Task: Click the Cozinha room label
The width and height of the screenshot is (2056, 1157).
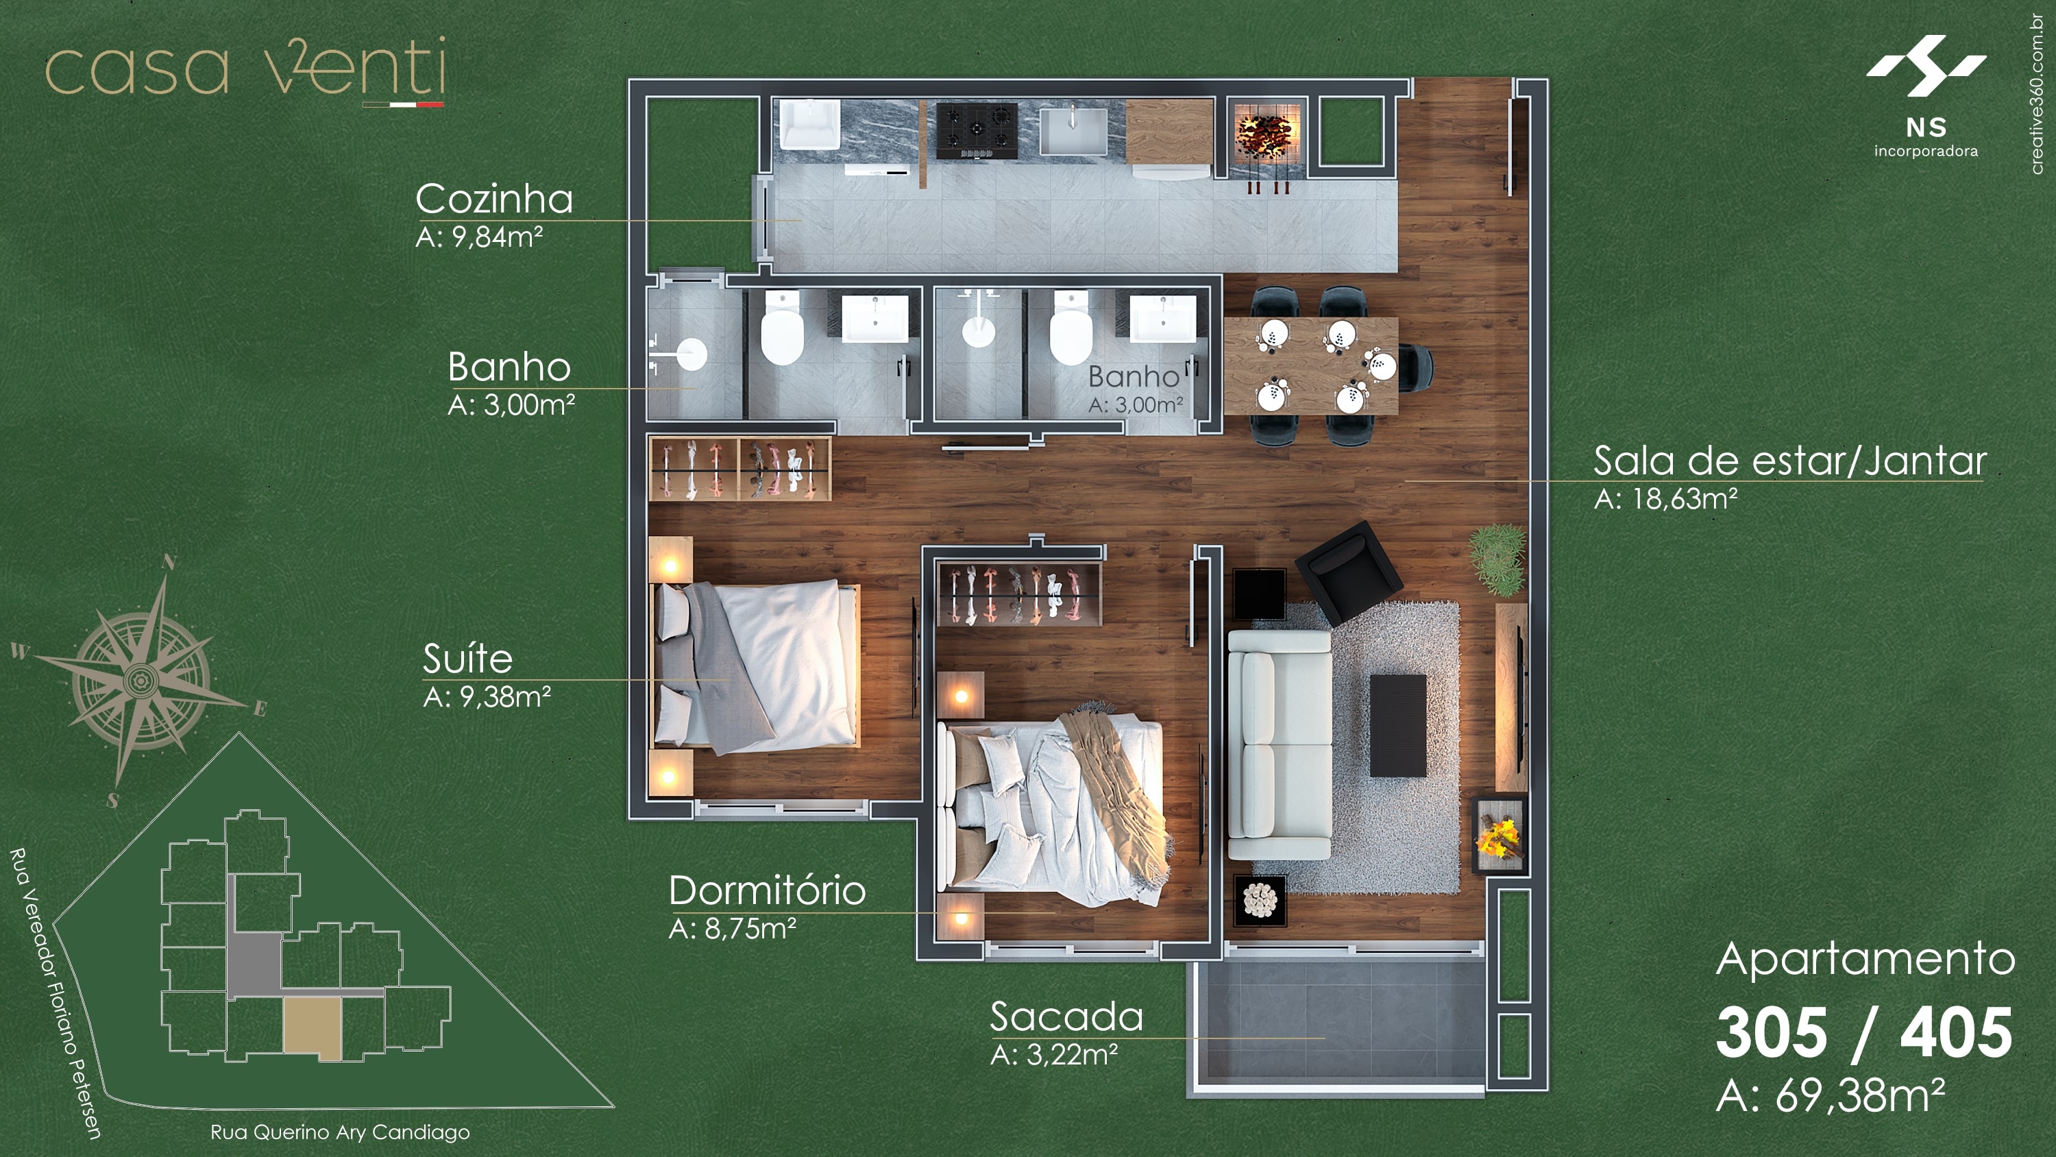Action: coord(494,199)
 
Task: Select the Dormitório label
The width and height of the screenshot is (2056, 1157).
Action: coord(766,890)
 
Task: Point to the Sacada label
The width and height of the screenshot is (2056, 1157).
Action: coord(1066,1017)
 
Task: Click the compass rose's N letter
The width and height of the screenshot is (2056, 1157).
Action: coord(169,561)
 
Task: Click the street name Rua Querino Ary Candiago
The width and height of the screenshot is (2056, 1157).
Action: coord(340,1132)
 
